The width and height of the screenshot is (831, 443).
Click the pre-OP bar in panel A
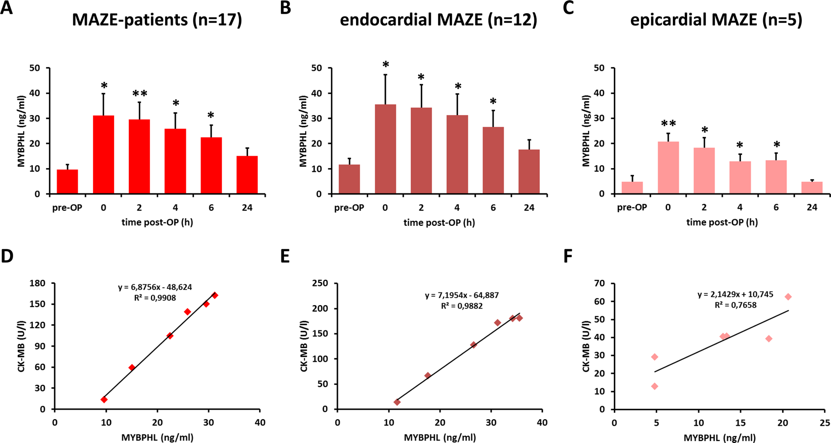click(x=67, y=182)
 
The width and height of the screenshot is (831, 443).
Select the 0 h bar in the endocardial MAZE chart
click(x=385, y=150)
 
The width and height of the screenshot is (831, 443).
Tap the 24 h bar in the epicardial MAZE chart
click(x=812, y=188)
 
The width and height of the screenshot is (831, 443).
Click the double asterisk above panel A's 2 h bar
click(x=140, y=94)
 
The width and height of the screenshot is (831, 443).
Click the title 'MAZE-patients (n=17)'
click(x=157, y=20)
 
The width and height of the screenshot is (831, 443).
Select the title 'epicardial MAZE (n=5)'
click(x=716, y=20)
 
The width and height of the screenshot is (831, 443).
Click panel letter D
click(x=7, y=256)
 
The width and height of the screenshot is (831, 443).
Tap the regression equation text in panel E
click(x=462, y=296)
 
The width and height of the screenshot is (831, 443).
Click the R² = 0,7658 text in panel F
click(x=735, y=305)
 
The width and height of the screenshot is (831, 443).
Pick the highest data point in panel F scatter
click(x=788, y=297)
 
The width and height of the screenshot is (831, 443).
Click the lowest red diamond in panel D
click(x=104, y=400)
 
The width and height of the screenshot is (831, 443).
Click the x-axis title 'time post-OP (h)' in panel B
click(x=439, y=222)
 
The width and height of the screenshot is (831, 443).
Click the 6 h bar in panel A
click(x=211, y=166)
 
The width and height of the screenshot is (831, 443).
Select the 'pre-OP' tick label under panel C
click(x=632, y=208)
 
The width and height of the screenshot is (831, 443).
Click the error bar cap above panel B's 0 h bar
click(x=385, y=75)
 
